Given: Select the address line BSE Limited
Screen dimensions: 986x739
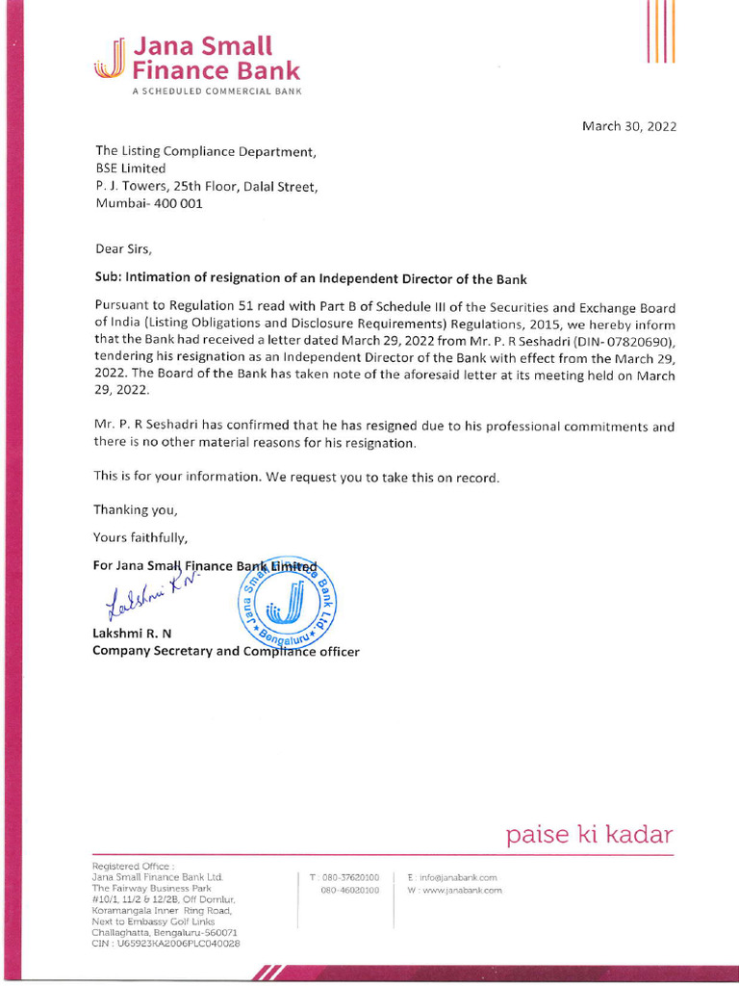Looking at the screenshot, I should [130, 169].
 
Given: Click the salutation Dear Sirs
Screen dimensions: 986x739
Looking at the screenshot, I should [123, 247].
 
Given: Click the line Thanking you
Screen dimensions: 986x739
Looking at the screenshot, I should [136, 509].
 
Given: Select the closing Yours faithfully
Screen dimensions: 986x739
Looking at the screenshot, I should [140, 536].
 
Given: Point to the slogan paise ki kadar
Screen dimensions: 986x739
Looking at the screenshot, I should [590, 834].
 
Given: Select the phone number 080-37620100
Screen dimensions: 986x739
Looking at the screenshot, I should [350, 878].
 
